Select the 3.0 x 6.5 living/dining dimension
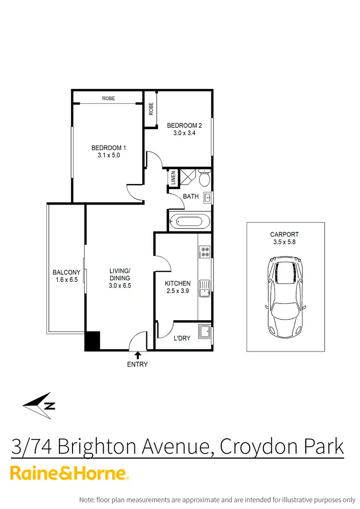(x=120, y=285)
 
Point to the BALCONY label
(x=65, y=273)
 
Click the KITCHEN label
(x=178, y=283)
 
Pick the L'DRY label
(x=182, y=338)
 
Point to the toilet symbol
(x=203, y=178)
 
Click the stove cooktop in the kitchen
(x=205, y=252)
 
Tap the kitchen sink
(x=205, y=287)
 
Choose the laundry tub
(x=205, y=331)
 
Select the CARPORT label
(x=284, y=235)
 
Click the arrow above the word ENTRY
(x=138, y=355)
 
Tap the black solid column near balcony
(x=92, y=340)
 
